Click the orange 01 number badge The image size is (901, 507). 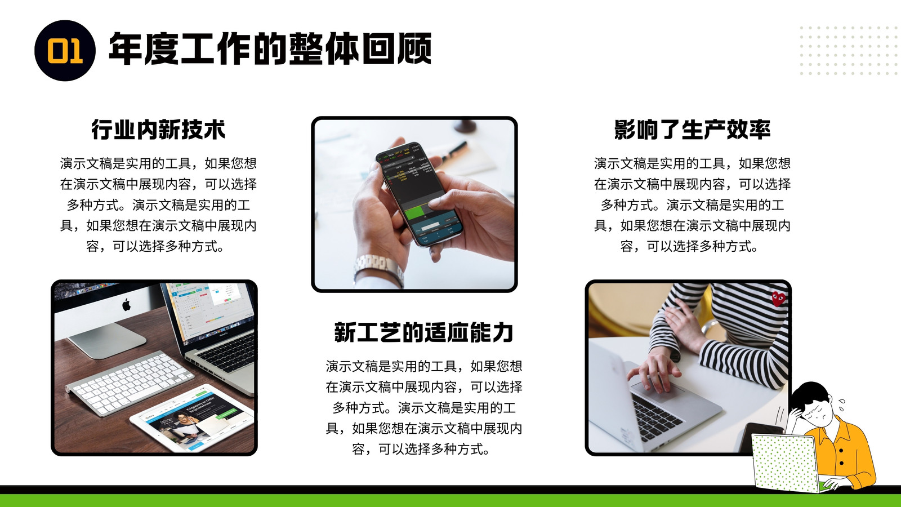(65, 51)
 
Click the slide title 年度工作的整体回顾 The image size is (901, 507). (270, 48)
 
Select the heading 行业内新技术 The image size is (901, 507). (158, 130)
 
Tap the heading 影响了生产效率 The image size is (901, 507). (692, 130)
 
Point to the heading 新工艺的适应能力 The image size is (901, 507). (424, 332)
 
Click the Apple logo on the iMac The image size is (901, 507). (126, 305)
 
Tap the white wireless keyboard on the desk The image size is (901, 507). (130, 381)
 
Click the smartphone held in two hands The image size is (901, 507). (419, 194)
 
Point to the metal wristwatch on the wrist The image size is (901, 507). (378, 268)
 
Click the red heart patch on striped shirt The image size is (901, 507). (778, 299)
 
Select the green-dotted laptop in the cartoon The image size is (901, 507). (785, 462)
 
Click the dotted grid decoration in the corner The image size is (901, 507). (848, 51)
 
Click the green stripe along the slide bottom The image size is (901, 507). (450, 500)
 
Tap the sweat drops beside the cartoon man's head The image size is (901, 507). (841, 404)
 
